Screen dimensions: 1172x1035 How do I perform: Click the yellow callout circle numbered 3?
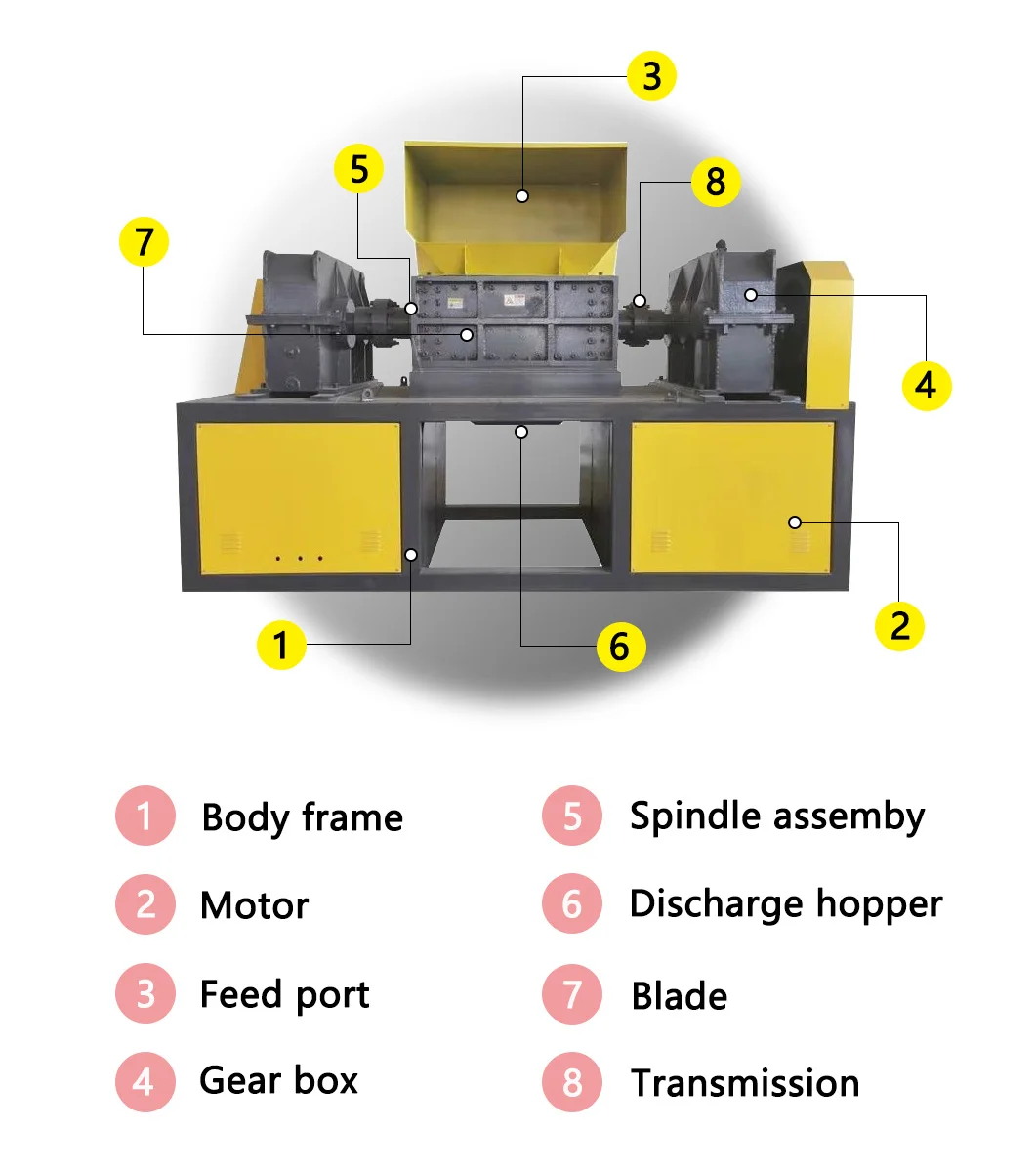[652, 76]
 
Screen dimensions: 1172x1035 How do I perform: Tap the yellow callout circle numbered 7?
[144, 241]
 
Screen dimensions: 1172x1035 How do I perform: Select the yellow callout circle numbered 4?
[926, 385]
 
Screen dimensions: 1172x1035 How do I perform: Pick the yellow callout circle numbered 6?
[620, 646]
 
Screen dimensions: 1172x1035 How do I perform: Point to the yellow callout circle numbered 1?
[281, 645]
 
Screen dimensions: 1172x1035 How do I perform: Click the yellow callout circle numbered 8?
[716, 182]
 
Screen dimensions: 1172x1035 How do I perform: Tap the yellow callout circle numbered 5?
[359, 168]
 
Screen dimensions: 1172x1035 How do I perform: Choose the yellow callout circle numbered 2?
[899, 625]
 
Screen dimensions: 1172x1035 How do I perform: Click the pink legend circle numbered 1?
[145, 816]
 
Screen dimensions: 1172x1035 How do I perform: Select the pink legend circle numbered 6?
[572, 903]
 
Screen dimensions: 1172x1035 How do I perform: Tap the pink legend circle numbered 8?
[572, 1082]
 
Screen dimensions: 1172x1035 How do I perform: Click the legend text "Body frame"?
[302, 817]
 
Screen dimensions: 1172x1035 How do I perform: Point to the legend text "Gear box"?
[278, 1081]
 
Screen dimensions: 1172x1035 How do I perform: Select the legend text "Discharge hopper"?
[786, 904]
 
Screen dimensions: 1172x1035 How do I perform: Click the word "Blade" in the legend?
[680, 996]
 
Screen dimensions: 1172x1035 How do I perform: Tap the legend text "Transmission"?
[745, 1083]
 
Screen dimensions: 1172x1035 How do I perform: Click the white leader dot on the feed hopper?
[522, 196]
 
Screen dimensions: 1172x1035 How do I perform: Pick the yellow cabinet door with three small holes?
[298, 499]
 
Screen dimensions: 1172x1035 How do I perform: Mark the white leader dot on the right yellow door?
[795, 523]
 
